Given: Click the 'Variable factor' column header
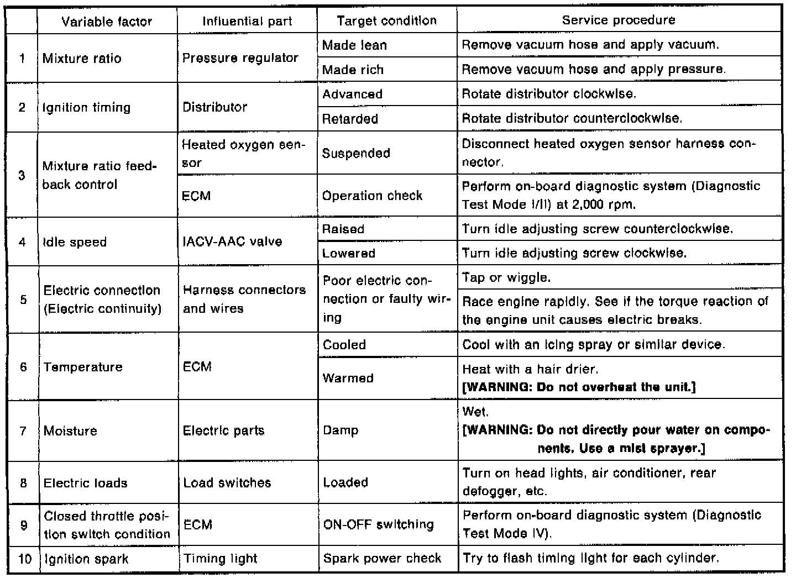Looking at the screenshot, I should pyautogui.click(x=107, y=22).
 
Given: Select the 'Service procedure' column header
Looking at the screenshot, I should pyautogui.click(x=619, y=20).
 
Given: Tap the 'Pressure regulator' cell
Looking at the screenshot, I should pyautogui.click(x=240, y=58).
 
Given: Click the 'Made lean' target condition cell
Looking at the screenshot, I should pyautogui.click(x=354, y=45).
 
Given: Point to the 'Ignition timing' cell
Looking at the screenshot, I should pyautogui.click(x=87, y=107).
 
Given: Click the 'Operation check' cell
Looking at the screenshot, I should pyautogui.click(x=372, y=196).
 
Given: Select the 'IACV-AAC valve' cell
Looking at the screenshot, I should pyautogui.click(x=232, y=241).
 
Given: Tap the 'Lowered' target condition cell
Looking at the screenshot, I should pyautogui.click(x=349, y=253).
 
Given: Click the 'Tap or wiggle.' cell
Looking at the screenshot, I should pyautogui.click(x=506, y=277).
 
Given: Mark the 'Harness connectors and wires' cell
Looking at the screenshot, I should pyautogui.click(x=244, y=299).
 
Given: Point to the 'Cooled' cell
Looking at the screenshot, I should pyautogui.click(x=344, y=345).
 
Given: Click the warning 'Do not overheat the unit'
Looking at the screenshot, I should pyautogui.click(x=578, y=387).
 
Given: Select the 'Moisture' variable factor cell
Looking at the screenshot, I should pyautogui.click(x=71, y=430).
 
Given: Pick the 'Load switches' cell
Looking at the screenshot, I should pyautogui.click(x=227, y=482).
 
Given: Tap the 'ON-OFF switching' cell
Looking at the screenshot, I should pyautogui.click(x=378, y=524).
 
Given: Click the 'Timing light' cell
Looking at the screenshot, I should pyautogui.click(x=220, y=559).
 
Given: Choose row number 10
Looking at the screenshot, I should pyautogui.click(x=24, y=559).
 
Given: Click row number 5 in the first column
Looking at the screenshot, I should pyautogui.click(x=23, y=299).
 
